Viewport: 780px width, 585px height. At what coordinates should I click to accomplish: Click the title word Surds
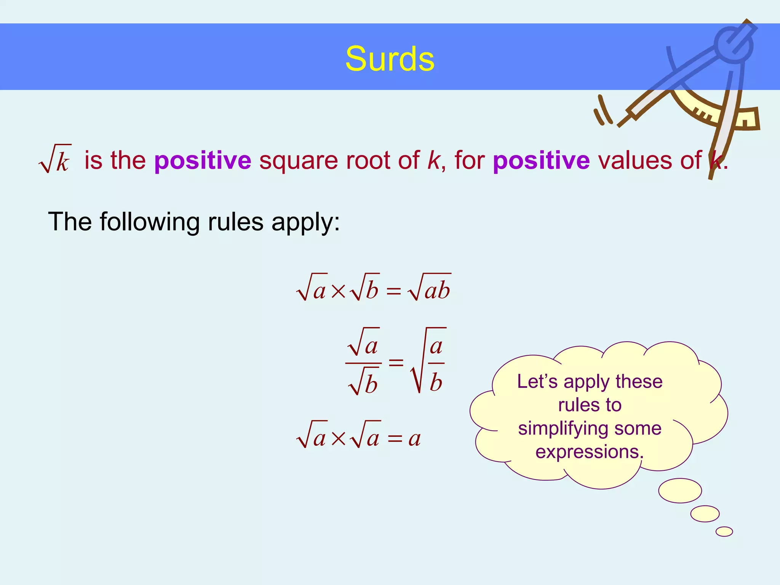pos(390,59)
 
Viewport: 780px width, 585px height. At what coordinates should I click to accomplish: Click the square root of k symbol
pos(56,159)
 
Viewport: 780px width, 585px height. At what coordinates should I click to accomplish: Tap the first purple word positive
pos(203,160)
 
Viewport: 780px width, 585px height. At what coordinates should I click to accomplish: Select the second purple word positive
pos(541,160)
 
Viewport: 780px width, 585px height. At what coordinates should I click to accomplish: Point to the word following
pos(150,222)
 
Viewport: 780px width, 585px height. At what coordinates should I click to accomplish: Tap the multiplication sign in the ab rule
pos(338,291)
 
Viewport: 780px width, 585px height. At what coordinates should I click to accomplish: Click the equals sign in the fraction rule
pos(396,362)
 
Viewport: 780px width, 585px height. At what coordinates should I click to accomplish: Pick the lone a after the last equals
pos(414,438)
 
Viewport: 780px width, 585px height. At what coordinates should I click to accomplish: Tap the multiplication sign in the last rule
pos(338,439)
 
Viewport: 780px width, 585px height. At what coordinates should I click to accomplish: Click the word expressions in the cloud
pos(589,452)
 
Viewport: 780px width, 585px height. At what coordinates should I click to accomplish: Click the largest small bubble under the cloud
pos(680,491)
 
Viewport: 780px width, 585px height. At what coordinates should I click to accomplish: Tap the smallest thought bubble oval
pos(724,531)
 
